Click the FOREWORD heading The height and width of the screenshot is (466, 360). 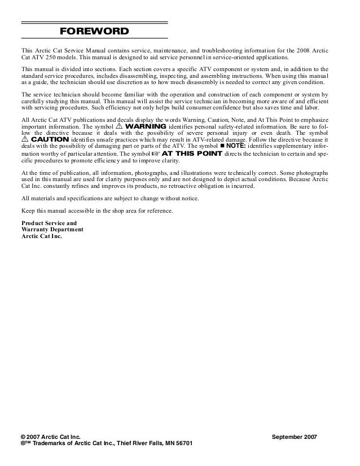click(x=95, y=31)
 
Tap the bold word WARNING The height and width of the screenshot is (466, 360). click(x=145, y=126)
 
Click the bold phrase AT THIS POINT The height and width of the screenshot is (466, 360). click(x=192, y=153)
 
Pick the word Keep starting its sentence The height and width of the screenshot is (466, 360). click(x=28, y=210)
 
